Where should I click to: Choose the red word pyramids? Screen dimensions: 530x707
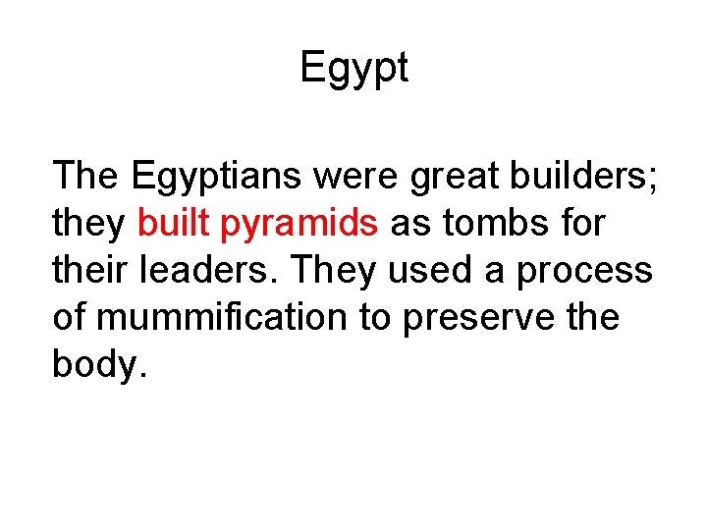point(299,225)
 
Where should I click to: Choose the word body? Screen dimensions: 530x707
point(95,366)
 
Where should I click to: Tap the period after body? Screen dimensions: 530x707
point(143,376)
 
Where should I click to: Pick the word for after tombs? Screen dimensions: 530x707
point(579,225)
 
